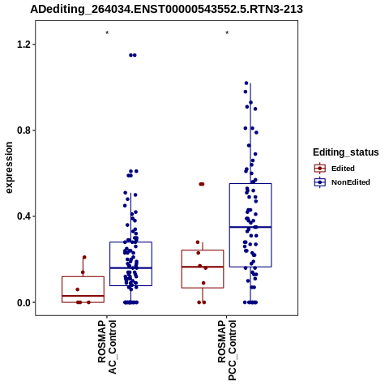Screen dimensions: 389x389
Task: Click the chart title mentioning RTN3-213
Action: (x=166, y=9)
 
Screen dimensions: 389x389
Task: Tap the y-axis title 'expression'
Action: (x=9, y=168)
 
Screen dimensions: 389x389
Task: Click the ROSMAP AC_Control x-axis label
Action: (x=107, y=347)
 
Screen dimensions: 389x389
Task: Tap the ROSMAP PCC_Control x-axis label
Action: (x=227, y=350)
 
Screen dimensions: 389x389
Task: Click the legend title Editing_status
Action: (x=346, y=152)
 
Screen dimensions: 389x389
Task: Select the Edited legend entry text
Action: (x=343, y=169)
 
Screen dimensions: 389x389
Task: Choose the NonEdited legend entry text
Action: (x=351, y=182)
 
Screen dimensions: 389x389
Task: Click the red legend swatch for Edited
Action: (x=320, y=169)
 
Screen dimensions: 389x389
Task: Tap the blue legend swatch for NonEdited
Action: (x=320, y=182)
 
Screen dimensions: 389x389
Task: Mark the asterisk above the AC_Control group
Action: (x=107, y=33)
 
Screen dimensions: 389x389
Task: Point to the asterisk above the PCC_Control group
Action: (x=227, y=33)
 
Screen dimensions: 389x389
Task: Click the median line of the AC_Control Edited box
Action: (x=83, y=296)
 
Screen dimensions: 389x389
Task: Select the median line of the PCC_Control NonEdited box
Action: (x=250, y=227)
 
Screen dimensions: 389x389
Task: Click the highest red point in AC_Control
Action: (x=84, y=257)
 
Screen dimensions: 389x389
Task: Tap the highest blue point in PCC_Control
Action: (x=246, y=83)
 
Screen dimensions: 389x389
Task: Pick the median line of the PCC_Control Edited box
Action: (x=203, y=267)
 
